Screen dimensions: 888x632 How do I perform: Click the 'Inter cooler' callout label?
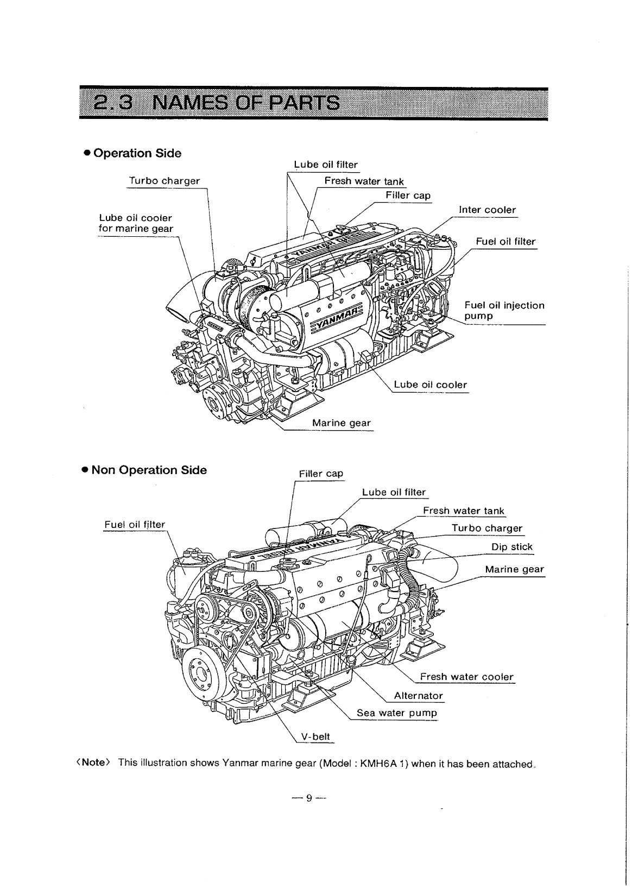pyautogui.click(x=487, y=210)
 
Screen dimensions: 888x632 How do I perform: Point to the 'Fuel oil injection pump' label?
pyautogui.click(x=504, y=310)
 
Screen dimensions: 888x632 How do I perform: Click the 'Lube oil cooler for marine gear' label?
pyautogui.click(x=135, y=223)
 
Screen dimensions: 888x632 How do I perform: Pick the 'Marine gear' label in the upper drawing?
pyautogui.click(x=341, y=423)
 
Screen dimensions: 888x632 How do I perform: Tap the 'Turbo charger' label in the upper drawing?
pyautogui.click(x=164, y=180)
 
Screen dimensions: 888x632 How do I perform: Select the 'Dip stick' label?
pyautogui.click(x=511, y=546)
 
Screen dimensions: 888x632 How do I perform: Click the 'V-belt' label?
pyautogui.click(x=315, y=736)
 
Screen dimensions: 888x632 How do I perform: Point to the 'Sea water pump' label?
pyautogui.click(x=396, y=712)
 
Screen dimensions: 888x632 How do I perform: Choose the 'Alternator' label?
pyautogui.click(x=418, y=695)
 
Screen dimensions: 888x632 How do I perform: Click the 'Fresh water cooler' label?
pyautogui.click(x=466, y=676)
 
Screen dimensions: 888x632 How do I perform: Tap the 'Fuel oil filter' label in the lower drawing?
pyautogui.click(x=134, y=524)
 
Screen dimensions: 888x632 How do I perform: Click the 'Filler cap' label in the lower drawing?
pyautogui.click(x=321, y=473)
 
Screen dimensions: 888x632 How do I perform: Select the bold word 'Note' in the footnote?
pyautogui.click(x=93, y=762)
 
